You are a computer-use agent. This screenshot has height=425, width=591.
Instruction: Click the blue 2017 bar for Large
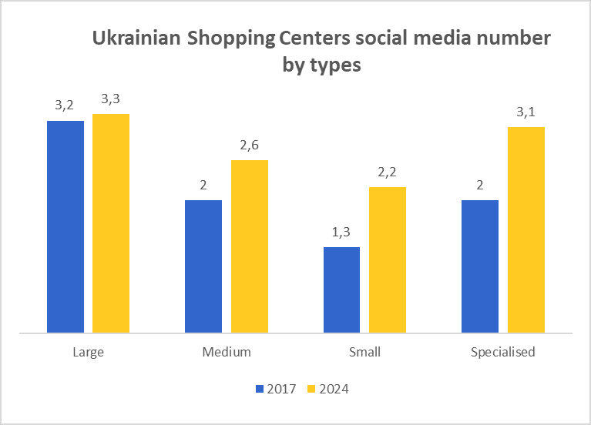tap(65, 227)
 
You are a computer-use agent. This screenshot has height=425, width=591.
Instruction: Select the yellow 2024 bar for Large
tap(111, 223)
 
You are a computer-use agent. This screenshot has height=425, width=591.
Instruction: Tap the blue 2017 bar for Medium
tap(203, 266)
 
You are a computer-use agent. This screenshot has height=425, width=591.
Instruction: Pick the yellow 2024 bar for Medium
tap(249, 246)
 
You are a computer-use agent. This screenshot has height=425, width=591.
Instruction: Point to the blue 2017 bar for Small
tap(341, 290)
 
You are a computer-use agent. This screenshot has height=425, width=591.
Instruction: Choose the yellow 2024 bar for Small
tap(387, 260)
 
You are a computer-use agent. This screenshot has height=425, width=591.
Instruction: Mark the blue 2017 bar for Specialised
tap(479, 266)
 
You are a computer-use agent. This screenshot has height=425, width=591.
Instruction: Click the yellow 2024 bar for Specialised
tap(526, 229)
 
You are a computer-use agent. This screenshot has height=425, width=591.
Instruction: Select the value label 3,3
tap(110, 99)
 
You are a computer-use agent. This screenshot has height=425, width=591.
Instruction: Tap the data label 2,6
tap(249, 145)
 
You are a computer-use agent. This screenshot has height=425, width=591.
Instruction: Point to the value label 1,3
tap(341, 232)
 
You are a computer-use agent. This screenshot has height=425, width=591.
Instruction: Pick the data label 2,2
tap(387, 172)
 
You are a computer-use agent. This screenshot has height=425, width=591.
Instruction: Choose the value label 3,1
tap(526, 112)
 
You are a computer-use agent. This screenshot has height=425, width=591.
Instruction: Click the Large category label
tap(88, 353)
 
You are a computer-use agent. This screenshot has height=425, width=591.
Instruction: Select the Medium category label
tap(227, 353)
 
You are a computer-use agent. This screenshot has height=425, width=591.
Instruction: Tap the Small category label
tap(364, 353)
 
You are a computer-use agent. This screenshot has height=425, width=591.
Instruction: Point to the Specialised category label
tap(502, 353)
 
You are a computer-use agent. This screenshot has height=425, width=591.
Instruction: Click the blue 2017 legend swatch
tap(260, 389)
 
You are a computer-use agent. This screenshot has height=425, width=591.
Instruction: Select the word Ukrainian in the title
tap(136, 38)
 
